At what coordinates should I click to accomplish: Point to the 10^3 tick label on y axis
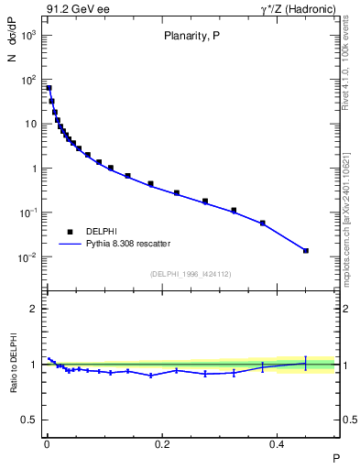tap(28, 35)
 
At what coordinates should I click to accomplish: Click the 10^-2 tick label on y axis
tap(28, 257)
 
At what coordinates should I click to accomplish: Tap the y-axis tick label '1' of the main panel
tap(34, 169)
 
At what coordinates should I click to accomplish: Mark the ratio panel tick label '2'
tap(34, 309)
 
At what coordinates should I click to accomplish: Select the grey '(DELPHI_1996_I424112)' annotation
tap(191, 273)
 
